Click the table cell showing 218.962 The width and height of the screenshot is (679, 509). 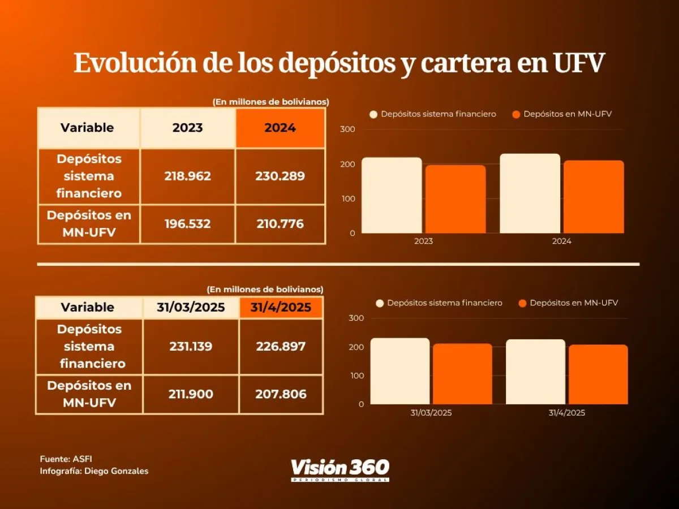tap(187, 176)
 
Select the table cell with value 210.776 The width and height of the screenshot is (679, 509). tap(280, 224)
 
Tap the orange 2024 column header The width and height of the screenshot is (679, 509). tap(280, 128)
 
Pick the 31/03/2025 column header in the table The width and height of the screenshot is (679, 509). tap(191, 308)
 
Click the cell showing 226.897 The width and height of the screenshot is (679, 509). tap(281, 346)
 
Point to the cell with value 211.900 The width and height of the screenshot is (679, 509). tap(191, 394)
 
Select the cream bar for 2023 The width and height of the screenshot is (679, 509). tap(392, 195)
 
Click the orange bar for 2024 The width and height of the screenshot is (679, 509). tap(594, 197)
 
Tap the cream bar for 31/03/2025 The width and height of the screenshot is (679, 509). tap(400, 371)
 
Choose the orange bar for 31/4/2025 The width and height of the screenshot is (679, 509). tap(598, 374)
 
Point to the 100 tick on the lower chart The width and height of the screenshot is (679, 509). tap(357, 376)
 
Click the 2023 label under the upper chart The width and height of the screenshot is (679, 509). tap(423, 241)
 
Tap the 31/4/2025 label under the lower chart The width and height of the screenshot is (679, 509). tap(566, 413)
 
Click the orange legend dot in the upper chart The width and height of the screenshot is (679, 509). tap(515, 114)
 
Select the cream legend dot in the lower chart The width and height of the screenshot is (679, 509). tap(380, 303)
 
